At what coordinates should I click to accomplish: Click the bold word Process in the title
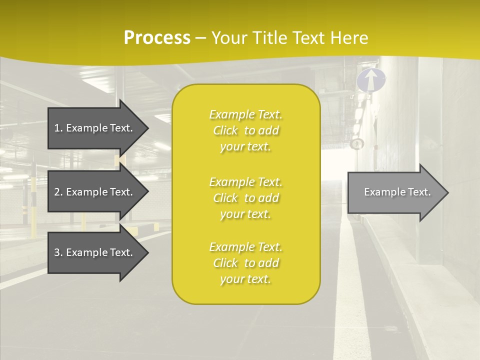point(157,38)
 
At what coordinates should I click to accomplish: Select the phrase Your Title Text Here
point(289,38)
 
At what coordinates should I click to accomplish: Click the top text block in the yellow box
point(245,130)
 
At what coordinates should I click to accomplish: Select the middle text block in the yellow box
point(245,198)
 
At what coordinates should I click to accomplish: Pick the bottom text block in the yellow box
point(245,263)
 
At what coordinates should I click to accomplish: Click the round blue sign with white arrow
point(371,80)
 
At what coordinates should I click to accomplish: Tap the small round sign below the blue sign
point(356,144)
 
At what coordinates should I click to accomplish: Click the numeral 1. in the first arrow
point(58,128)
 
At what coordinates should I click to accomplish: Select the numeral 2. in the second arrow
point(58,192)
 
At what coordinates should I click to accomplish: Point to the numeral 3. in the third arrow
point(58,252)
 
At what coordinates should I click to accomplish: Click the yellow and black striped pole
point(33,205)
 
